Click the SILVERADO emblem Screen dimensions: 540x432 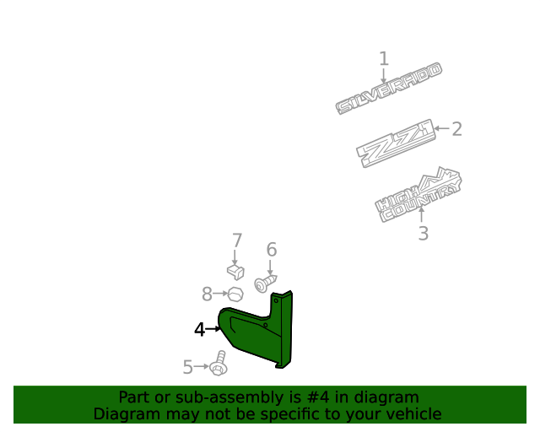[x=389, y=89]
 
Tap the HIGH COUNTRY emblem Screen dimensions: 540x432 [x=418, y=195]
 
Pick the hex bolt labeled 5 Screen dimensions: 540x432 [x=219, y=364]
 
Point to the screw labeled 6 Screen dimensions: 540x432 [x=265, y=283]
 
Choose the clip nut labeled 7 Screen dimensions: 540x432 [x=235, y=272]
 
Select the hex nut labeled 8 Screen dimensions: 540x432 [x=235, y=294]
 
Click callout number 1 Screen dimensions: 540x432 [x=384, y=59]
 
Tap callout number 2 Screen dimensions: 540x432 [x=456, y=129]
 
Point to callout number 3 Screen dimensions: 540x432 [x=424, y=233]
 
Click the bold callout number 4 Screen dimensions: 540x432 [x=200, y=329]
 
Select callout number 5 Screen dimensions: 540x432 [x=187, y=367]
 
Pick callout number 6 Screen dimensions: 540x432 [x=272, y=250]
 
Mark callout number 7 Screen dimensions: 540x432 [x=237, y=240]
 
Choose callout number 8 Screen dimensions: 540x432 [x=207, y=294]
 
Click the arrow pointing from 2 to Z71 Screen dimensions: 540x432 [x=442, y=128]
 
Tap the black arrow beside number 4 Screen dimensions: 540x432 [x=213, y=329]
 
